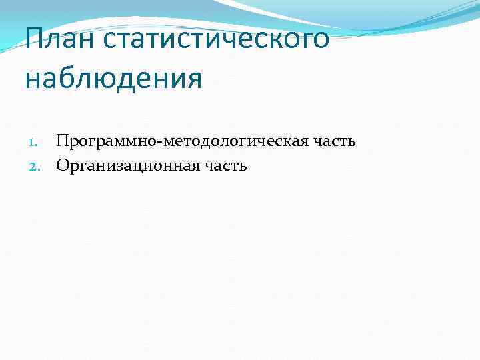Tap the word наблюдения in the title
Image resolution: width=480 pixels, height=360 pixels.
113,78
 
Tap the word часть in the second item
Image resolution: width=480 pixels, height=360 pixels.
226,165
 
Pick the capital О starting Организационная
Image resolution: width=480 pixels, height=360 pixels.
63,165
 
